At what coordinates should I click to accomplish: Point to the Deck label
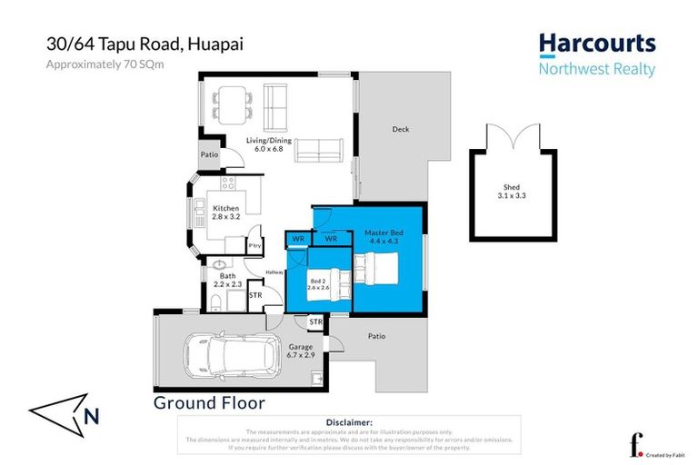pyautogui.click(x=400, y=129)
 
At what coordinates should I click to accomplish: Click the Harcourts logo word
pyautogui.click(x=596, y=44)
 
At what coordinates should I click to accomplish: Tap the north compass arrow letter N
pyautogui.click(x=90, y=417)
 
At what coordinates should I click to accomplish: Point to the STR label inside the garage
pyautogui.click(x=315, y=322)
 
